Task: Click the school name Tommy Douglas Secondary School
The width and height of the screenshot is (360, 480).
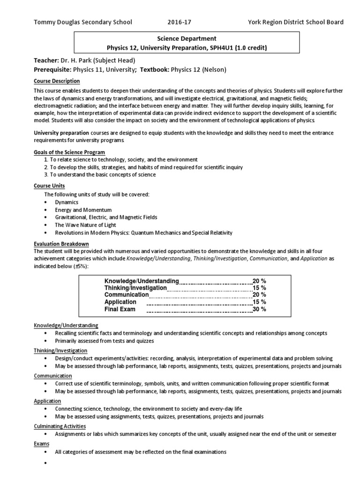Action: tap(82, 22)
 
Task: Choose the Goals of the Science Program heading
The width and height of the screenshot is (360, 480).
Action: tap(69, 152)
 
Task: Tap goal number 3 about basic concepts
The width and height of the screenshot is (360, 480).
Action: tap(100, 174)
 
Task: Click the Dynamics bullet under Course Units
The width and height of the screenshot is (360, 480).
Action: tap(67, 202)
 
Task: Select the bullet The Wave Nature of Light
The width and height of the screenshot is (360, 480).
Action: tap(84, 225)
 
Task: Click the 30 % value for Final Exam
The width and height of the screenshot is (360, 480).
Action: tap(259, 309)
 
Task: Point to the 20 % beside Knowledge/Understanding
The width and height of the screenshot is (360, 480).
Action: tap(259, 281)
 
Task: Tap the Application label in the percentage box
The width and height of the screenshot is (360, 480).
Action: tap(120, 302)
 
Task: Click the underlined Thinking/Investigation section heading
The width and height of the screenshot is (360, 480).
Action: tap(60, 351)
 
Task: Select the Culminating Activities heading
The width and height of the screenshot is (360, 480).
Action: tap(60, 426)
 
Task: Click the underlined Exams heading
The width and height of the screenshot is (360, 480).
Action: tap(41, 443)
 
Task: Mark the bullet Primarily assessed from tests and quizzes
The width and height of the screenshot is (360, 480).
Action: tap(104, 341)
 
